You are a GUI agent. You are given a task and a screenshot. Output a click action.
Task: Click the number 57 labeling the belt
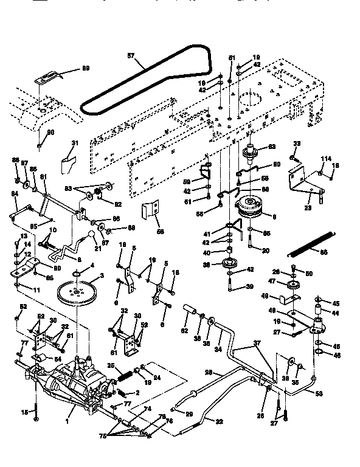(130, 56)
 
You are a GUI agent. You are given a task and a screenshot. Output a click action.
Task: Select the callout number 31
(75, 144)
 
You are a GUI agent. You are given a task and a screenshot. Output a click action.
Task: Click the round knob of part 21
(92, 236)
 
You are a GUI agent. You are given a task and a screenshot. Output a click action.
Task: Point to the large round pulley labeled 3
(77, 294)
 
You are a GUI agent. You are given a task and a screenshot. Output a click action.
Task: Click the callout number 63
(272, 146)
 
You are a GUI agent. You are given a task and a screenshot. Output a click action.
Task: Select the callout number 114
(326, 159)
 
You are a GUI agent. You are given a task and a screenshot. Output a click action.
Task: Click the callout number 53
(319, 393)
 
